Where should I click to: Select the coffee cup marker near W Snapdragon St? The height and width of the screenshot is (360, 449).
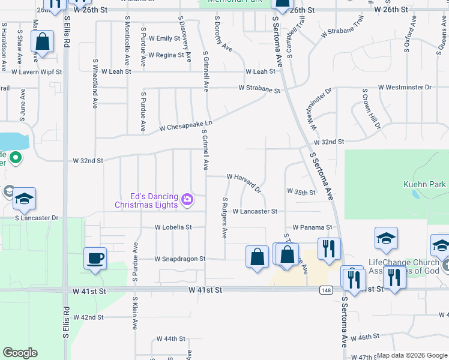click(x=95, y=259)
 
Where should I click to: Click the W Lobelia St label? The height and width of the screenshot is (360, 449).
click(x=173, y=227)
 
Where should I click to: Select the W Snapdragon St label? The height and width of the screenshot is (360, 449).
click(x=179, y=259)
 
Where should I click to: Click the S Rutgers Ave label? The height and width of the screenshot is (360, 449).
click(x=225, y=218)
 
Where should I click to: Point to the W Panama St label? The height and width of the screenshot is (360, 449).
click(x=312, y=227)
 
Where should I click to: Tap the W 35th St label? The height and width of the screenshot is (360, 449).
click(x=301, y=192)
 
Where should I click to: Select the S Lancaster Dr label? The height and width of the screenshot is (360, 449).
click(x=37, y=218)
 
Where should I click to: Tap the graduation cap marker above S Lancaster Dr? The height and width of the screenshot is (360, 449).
click(x=24, y=199)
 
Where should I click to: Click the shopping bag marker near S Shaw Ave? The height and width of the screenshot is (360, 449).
click(x=42, y=43)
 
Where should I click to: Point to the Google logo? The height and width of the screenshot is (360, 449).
click(x=20, y=353)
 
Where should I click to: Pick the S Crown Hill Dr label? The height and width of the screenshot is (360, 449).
click(x=370, y=109)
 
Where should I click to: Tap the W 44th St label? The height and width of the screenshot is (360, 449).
click(x=170, y=338)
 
